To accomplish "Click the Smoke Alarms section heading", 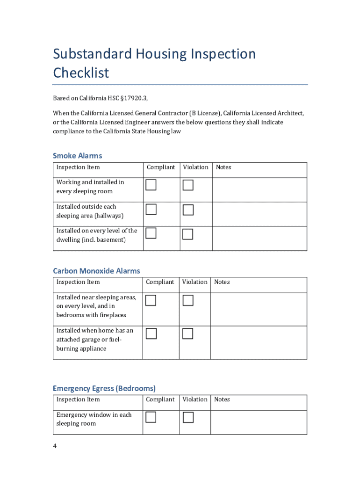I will (77, 156).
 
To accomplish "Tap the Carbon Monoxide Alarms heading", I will (96, 271).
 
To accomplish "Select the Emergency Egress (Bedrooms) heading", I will (104, 388).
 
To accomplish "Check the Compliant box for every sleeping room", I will (151, 185).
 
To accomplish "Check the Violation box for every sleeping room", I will (188, 185).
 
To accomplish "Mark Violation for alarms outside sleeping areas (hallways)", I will (188, 210).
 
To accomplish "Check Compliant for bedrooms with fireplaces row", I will (150, 300).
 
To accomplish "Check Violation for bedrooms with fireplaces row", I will (188, 300).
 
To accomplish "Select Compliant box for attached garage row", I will (151, 334).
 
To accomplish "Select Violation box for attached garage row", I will (187, 334).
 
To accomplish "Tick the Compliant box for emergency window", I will (151, 417).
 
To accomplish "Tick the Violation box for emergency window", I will (188, 417).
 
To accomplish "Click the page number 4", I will (55, 446).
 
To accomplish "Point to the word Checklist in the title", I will (81, 73).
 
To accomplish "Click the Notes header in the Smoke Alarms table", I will (223, 167).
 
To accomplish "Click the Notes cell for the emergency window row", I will (259, 422).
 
